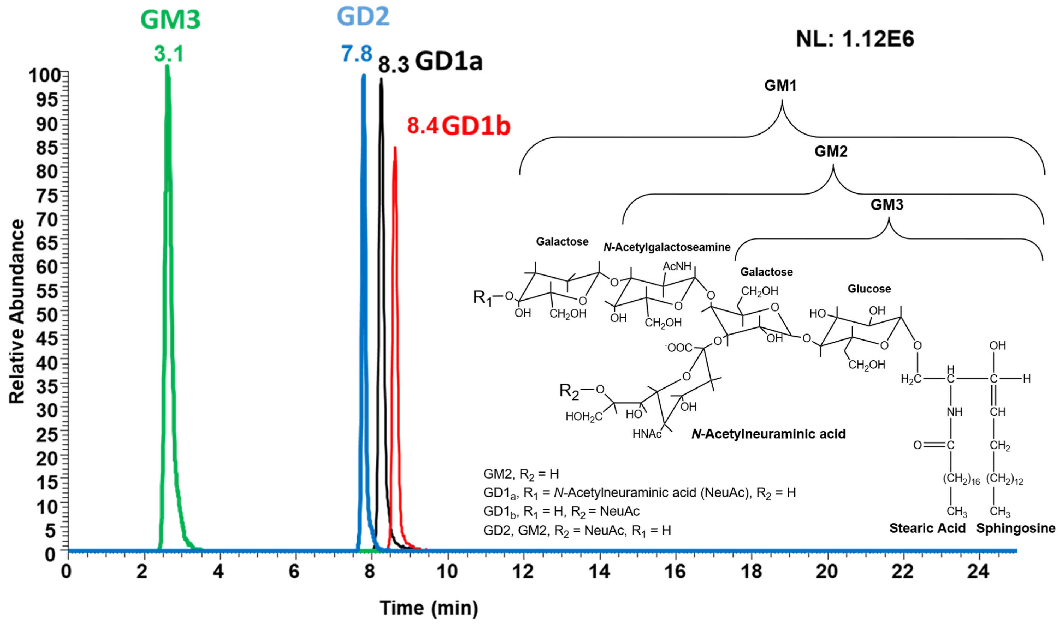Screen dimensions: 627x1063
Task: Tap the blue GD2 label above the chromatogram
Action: tap(363, 17)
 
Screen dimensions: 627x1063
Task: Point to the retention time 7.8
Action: tap(356, 54)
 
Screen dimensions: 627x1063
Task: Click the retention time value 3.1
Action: tap(168, 54)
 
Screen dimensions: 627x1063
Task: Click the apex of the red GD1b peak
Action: tap(395, 148)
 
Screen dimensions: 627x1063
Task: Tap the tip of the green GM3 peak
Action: tap(167, 66)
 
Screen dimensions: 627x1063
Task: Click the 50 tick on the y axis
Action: tap(48, 315)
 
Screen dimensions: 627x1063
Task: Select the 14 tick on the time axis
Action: tap(599, 572)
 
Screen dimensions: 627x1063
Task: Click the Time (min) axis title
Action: tap(429, 608)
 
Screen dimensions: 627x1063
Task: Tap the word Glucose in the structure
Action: tap(869, 289)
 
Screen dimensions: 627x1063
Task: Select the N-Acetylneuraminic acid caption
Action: tap(768, 434)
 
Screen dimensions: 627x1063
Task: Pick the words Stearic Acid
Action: tap(927, 528)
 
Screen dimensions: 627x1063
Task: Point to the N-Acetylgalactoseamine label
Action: tap(667, 247)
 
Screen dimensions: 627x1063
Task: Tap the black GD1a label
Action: tap(449, 62)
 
